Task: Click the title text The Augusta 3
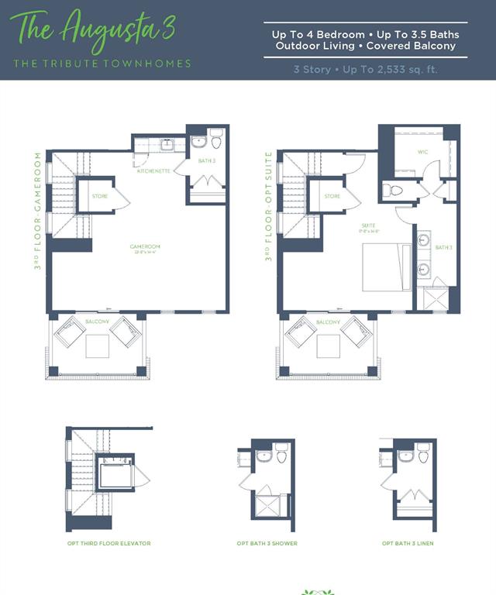click(91, 29)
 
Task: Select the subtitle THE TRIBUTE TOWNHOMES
click(101, 64)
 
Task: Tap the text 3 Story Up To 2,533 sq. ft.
click(365, 69)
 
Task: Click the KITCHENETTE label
click(153, 170)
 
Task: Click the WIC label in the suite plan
click(423, 152)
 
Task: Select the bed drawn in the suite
click(386, 267)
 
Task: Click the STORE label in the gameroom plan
click(99, 196)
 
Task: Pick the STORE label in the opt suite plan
click(332, 196)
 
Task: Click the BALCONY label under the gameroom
click(97, 322)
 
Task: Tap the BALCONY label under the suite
click(328, 322)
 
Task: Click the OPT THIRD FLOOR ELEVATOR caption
click(109, 543)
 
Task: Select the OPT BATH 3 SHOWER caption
click(267, 543)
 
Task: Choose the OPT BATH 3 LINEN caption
click(408, 543)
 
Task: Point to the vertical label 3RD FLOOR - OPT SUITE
click(269, 206)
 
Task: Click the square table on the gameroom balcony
click(98, 346)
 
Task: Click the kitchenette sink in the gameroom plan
click(167, 145)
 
